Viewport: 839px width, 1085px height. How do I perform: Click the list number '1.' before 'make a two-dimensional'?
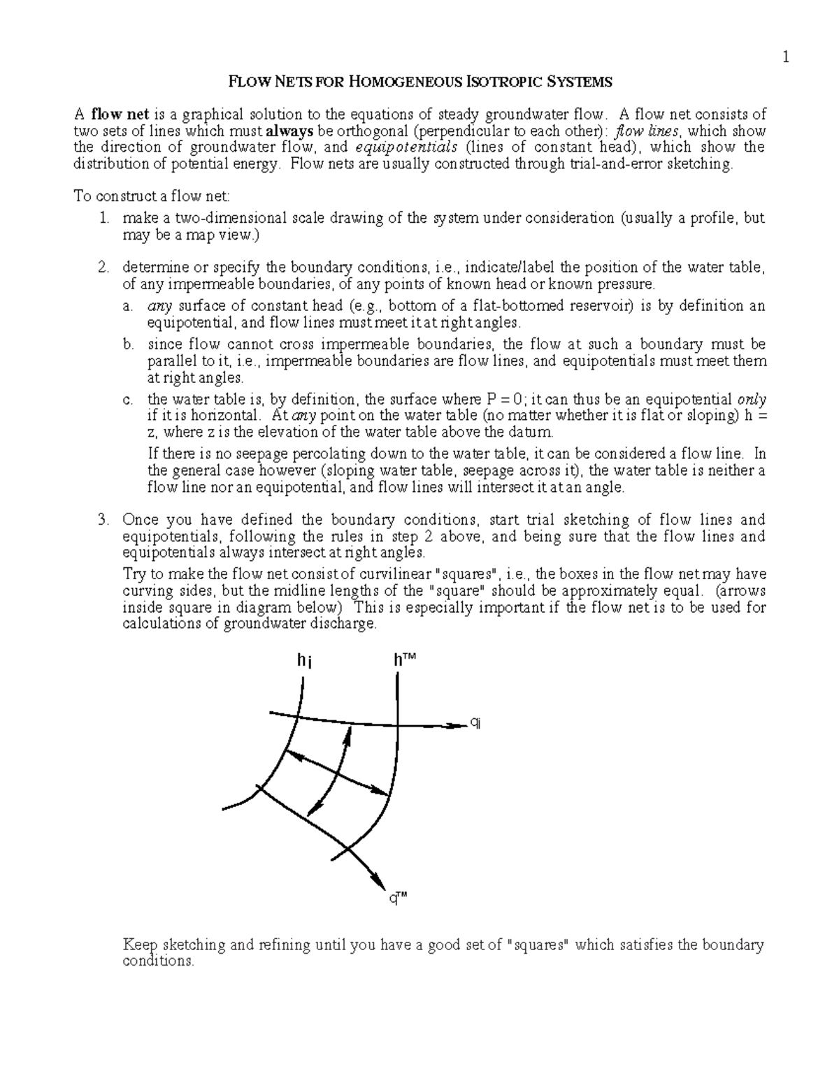[103, 219]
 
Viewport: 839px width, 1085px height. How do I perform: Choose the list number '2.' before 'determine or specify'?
[103, 268]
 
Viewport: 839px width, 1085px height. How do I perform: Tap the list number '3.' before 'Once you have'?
[103, 520]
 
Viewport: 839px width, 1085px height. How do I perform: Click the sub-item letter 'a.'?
[127, 307]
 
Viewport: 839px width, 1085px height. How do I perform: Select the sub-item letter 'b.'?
[127, 345]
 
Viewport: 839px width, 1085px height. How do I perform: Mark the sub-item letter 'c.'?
[127, 400]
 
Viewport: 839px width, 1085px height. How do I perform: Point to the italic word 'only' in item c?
[752, 400]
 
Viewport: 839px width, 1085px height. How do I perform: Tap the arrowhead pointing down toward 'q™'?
[379, 878]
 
